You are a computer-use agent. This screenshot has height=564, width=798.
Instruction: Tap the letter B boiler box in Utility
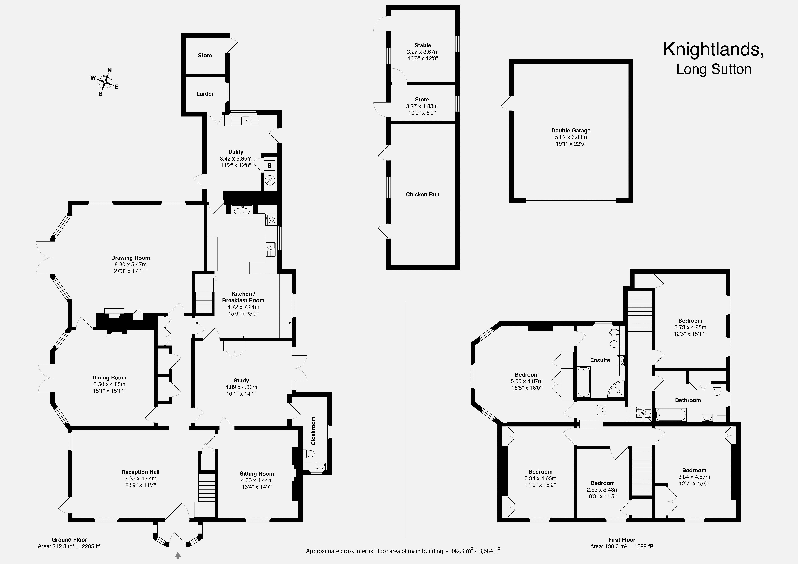point(269,166)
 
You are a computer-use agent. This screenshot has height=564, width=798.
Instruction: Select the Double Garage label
point(571,131)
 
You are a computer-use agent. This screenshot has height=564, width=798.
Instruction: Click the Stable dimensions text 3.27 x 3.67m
point(423,52)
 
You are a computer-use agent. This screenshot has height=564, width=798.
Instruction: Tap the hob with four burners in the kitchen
point(271,220)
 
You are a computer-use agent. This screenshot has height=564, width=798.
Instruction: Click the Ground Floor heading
point(69,540)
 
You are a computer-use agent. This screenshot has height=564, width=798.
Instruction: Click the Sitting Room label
point(257,474)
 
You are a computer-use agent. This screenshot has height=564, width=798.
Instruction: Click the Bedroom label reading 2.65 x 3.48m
point(603,490)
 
